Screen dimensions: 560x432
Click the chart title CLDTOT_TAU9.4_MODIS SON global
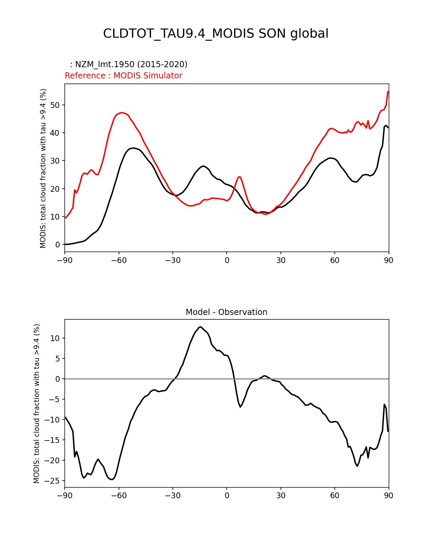pos(216,34)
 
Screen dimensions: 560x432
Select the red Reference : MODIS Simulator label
pos(123,76)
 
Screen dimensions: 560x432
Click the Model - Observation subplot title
pos(226,312)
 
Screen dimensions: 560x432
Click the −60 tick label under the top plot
pos(119,260)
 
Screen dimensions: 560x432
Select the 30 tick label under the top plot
pos(281,260)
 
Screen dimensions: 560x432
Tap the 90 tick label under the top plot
pos(389,260)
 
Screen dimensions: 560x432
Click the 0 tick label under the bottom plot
pos(227,496)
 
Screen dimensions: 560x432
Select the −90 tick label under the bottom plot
pos(65,496)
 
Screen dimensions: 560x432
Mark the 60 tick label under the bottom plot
pos(335,496)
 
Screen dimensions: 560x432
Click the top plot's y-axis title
pos(43,168)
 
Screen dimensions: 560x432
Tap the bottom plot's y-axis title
pos(37,403)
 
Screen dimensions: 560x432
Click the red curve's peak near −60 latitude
pos(122,113)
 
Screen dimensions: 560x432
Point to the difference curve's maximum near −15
pos(201,327)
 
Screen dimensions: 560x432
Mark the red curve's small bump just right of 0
pos(239,177)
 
